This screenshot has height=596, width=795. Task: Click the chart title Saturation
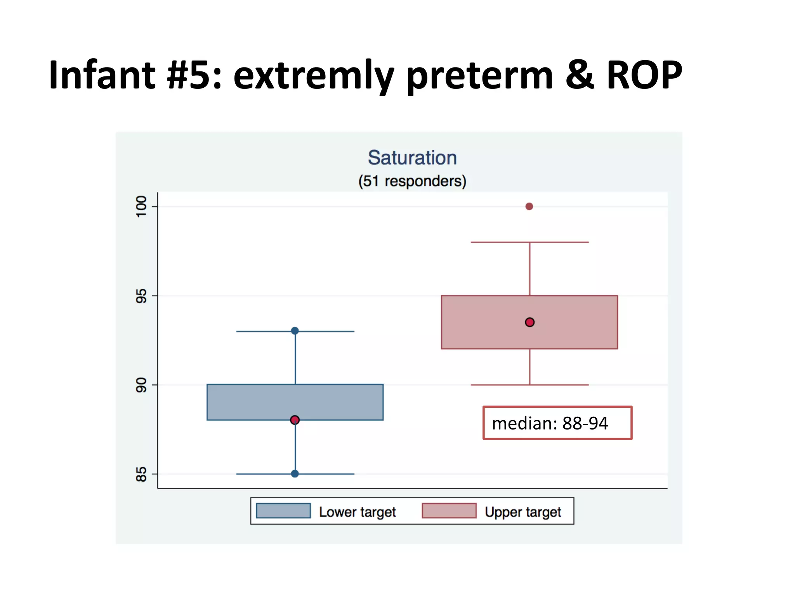click(x=412, y=158)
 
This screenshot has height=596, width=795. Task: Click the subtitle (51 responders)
click(x=412, y=181)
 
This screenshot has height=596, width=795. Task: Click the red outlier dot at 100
click(x=529, y=206)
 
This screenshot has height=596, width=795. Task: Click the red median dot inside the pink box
click(x=529, y=322)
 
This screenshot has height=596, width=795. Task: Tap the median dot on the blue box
click(x=295, y=420)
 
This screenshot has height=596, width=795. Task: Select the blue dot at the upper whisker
click(x=295, y=331)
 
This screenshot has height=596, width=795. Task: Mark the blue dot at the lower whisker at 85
click(x=295, y=474)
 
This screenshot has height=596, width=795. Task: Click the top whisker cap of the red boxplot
click(x=529, y=243)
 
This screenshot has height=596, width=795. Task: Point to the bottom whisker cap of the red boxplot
click(x=529, y=385)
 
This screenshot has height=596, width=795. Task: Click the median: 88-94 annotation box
click(x=557, y=423)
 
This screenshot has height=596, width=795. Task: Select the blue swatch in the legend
click(x=283, y=511)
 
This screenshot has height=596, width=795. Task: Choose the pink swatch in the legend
click(x=449, y=511)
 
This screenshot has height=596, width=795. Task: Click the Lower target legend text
click(x=357, y=512)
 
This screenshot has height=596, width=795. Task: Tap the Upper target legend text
click(x=523, y=512)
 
